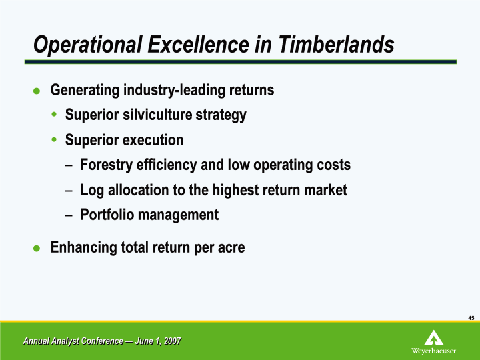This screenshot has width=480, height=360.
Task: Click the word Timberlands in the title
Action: tap(336, 45)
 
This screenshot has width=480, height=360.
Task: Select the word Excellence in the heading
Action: tap(198, 45)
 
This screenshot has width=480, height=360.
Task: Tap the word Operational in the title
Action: tap(88, 45)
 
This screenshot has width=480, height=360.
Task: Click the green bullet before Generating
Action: tap(37, 91)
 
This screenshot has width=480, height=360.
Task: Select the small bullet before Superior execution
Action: tap(54, 139)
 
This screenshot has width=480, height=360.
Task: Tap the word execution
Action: tap(153, 140)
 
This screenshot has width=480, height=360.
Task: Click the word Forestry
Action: tap(107, 165)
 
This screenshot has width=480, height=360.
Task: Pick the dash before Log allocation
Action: tap(69, 191)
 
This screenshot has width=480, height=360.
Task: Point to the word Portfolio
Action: tap(107, 214)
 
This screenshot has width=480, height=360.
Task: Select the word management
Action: tap(179, 215)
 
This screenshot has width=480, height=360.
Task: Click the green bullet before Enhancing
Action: tap(37, 248)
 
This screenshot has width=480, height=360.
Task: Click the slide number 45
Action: tap(471, 318)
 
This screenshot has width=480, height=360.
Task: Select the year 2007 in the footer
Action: tap(173, 341)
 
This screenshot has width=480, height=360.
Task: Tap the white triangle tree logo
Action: tap(434, 337)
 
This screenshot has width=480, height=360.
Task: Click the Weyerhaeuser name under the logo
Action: tap(433, 351)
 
